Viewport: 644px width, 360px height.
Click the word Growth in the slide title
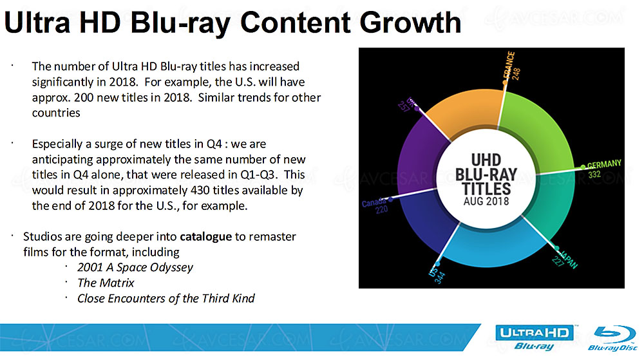410,23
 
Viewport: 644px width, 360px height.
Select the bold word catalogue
206,237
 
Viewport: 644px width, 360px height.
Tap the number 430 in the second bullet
199,191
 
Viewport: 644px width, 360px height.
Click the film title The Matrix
106,283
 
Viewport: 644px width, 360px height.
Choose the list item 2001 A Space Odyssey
135,268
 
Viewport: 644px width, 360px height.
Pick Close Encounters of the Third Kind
166,298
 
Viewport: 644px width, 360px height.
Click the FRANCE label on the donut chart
509,65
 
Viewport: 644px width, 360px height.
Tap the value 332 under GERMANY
594,175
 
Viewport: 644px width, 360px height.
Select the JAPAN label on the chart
569,260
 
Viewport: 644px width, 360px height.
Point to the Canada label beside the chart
374,203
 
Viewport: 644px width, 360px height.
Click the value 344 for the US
440,278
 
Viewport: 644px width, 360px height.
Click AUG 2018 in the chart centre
486,202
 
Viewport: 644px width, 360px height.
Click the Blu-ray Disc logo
612,338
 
